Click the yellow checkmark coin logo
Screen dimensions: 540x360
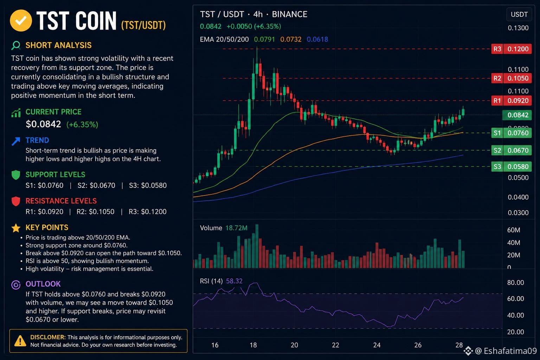pyautogui.click(x=21, y=20)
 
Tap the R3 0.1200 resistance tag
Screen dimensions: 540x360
pyautogui.click(x=511, y=49)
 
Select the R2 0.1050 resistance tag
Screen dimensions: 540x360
pyautogui.click(x=511, y=78)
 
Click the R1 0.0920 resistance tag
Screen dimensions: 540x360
pyautogui.click(x=511, y=101)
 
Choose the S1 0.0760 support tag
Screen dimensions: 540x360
pyautogui.click(x=511, y=133)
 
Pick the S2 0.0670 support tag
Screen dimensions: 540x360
pyautogui.click(x=511, y=150)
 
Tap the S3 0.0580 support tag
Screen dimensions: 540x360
pyautogui.click(x=511, y=167)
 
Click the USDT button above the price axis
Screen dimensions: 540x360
pyautogui.click(x=519, y=14)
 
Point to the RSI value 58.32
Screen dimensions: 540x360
pyautogui.click(x=234, y=281)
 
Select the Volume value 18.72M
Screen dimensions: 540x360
pyautogui.click(x=236, y=228)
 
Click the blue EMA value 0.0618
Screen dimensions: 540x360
pyautogui.click(x=317, y=39)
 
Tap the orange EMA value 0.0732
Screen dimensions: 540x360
pyautogui.click(x=291, y=39)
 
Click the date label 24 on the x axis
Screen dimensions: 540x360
pyautogui.click(x=377, y=345)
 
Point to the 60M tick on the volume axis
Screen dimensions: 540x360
pyautogui.click(x=514, y=230)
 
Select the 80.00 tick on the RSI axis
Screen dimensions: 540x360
pyautogui.click(x=515, y=283)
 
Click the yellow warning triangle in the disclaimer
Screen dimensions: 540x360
pyautogui.click(x=20, y=341)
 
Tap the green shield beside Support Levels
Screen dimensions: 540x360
pyautogui.click(x=16, y=175)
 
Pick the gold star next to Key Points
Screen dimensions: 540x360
pyautogui.click(x=16, y=228)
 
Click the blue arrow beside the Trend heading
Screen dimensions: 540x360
pyautogui.click(x=16, y=141)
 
